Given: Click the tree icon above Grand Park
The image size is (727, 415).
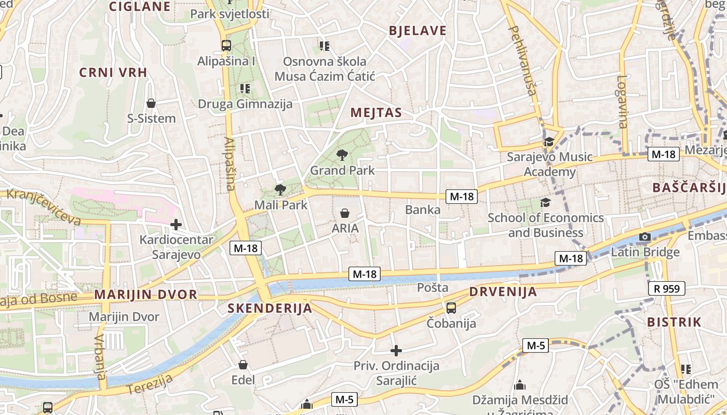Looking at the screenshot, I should (342, 155).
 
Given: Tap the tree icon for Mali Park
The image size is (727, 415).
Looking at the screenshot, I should (280, 189).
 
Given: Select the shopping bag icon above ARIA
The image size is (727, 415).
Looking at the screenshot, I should (344, 213).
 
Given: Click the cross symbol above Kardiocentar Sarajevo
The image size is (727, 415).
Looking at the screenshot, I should (176, 225).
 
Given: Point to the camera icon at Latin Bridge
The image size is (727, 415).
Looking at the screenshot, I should (645, 237).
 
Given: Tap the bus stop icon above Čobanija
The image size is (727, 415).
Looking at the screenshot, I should (451, 308).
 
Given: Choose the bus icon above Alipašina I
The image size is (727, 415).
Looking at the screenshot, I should (226, 46).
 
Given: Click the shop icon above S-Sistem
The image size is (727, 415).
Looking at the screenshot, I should (151, 103).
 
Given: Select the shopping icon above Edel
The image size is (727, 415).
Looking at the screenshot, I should (243, 365).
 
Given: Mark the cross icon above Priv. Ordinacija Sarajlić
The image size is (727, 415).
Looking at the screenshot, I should (396, 351).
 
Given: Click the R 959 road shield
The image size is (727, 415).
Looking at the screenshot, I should (667, 288).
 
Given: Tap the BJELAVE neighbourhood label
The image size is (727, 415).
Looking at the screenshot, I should (418, 31).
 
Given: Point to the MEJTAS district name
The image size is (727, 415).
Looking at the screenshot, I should (376, 113).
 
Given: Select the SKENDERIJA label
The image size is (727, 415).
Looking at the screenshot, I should (270, 309).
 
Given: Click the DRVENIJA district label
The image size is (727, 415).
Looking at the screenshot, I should (503, 292).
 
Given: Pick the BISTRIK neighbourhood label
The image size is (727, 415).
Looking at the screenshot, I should (674, 322).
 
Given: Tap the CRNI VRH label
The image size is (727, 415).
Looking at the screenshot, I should (113, 72).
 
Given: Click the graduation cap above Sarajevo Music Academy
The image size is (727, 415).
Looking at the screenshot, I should (549, 142).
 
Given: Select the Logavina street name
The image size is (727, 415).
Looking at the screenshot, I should (622, 102).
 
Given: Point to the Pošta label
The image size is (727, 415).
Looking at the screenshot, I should (433, 287).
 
